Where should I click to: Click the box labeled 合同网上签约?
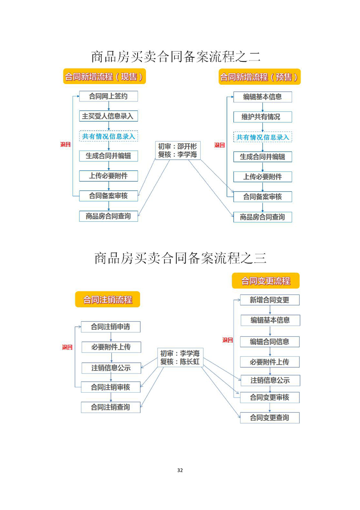coord(108,96)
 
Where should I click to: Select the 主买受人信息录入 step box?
coord(108,116)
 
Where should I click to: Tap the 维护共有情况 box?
coord(262,117)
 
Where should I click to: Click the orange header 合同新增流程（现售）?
coord(104,77)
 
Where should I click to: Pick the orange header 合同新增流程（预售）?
coord(259,77)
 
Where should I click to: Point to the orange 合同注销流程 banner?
coord(108,300)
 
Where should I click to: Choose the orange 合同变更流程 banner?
coord(266,281)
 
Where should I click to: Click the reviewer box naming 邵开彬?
coord(178,150)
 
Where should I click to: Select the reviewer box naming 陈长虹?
coord(180,357)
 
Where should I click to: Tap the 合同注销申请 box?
coord(110,327)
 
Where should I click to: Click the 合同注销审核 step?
coord(110,387)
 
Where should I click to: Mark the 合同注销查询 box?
coord(110,407)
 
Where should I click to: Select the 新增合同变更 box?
coord(270,300)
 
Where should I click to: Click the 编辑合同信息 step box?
coord(270,342)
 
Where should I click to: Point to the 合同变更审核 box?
coord(270,397)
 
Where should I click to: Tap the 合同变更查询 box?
coord(270,418)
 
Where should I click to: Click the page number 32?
coord(180,470)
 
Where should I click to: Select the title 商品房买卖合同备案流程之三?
coord(180,258)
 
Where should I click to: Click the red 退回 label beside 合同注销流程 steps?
coord(67,347)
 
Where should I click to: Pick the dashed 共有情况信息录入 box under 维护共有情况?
coord(262,137)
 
